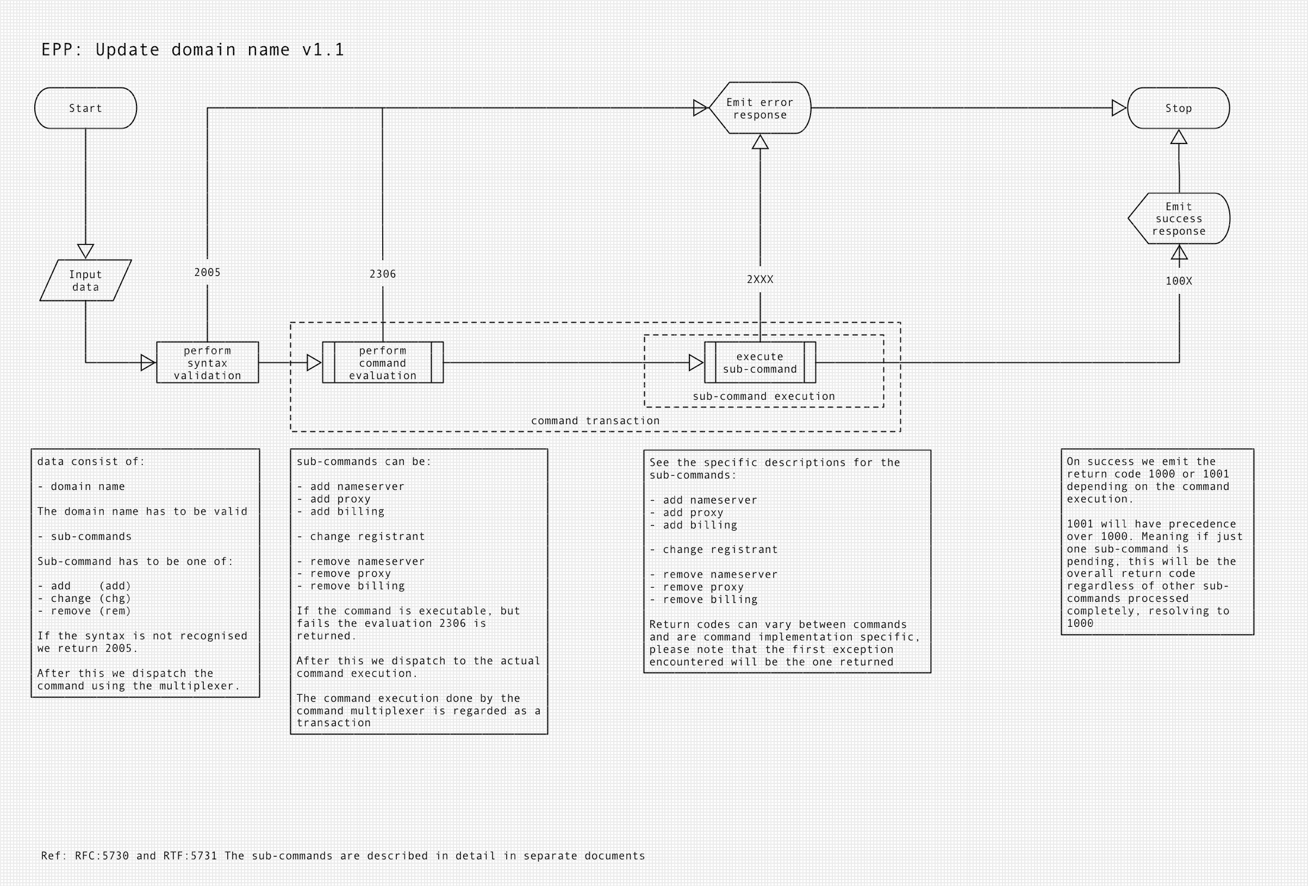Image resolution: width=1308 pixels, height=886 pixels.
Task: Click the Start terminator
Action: tap(85, 108)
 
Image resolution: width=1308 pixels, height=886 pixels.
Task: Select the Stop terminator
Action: tap(1178, 108)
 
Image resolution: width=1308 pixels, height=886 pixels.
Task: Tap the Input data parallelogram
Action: tap(85, 280)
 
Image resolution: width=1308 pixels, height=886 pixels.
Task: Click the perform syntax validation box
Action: tap(207, 363)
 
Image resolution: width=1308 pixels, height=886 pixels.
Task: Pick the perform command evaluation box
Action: tap(383, 363)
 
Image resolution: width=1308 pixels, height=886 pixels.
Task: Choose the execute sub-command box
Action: tap(760, 363)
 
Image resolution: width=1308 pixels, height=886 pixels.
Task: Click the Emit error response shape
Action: tap(760, 108)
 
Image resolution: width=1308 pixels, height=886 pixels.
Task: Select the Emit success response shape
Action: tap(1179, 219)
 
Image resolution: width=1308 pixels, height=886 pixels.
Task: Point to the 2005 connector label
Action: tap(207, 272)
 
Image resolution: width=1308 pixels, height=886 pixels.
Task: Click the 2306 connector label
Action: tap(383, 274)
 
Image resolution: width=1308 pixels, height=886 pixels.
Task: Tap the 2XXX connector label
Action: tap(760, 280)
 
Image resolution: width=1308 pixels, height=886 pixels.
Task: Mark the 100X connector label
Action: tap(1179, 281)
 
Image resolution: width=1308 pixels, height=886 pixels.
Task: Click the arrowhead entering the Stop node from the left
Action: tap(1118, 108)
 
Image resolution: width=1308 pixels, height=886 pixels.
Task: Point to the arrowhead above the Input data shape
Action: tap(85, 250)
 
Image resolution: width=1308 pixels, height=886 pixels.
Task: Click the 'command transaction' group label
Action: tap(595, 421)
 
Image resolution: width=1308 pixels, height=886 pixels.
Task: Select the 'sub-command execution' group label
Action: tap(764, 397)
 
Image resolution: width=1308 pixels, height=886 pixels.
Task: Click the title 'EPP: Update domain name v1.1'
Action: tap(192, 50)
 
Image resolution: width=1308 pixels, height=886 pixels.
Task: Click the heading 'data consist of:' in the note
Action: tap(91, 462)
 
